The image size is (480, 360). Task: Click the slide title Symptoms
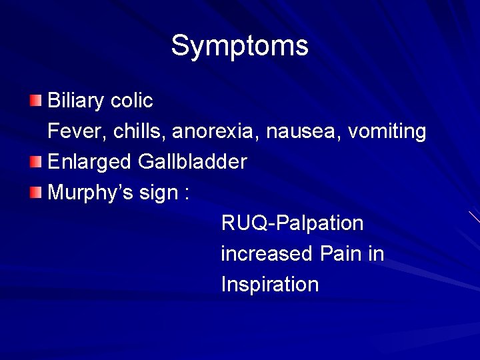239,46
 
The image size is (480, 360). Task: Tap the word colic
132,101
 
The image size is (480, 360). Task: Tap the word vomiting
384,131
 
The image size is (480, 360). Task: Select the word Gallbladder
193,162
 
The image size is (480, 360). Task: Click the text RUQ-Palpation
292,223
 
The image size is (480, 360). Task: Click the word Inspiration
270,285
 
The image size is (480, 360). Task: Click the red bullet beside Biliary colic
35,101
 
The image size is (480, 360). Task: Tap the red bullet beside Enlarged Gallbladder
35,161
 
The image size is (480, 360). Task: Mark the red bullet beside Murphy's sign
35,193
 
